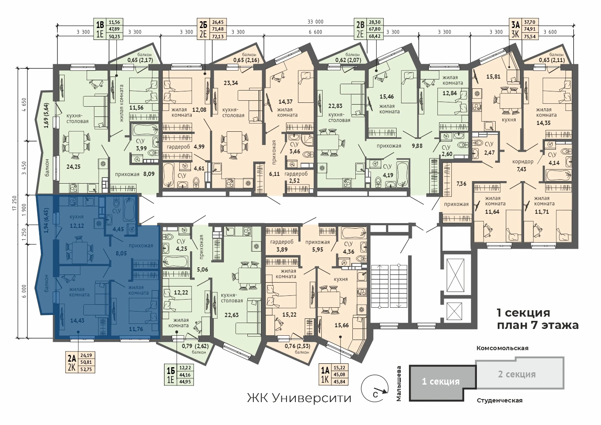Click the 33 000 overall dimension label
point(315,22)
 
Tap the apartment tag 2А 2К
point(80,362)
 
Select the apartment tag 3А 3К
point(524,29)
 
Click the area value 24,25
point(74,167)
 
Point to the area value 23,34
point(231,83)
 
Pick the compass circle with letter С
point(375,389)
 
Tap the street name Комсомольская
point(502,348)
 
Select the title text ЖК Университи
point(299,398)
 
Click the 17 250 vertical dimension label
point(14,207)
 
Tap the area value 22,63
point(232,315)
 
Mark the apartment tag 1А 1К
point(334,374)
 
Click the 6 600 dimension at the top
point(315,32)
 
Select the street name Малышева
point(399,383)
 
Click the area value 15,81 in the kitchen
point(493,76)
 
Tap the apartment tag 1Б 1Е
point(179,374)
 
